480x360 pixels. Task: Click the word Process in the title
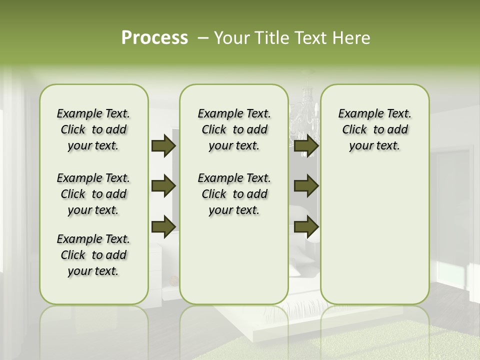pyautogui.click(x=154, y=38)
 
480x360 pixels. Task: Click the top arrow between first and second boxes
pyautogui.click(x=163, y=146)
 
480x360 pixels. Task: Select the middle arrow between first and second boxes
pyautogui.click(x=163, y=186)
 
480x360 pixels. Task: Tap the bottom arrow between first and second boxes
pyautogui.click(x=163, y=226)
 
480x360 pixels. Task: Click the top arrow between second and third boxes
pyautogui.click(x=306, y=146)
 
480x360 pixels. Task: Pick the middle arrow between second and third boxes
pyautogui.click(x=306, y=186)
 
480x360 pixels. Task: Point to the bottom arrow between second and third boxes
pyautogui.click(x=306, y=226)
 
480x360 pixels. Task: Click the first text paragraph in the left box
pyautogui.click(x=93, y=129)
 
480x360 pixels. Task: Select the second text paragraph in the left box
pyautogui.click(x=93, y=194)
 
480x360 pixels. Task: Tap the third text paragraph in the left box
pyautogui.click(x=93, y=255)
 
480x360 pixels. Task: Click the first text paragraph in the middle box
pyautogui.click(x=234, y=129)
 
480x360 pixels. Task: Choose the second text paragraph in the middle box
pyautogui.click(x=234, y=194)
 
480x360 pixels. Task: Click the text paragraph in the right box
pyautogui.click(x=374, y=129)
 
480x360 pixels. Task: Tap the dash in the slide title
pyautogui.click(x=203, y=38)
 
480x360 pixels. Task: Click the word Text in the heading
pyautogui.click(x=310, y=38)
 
